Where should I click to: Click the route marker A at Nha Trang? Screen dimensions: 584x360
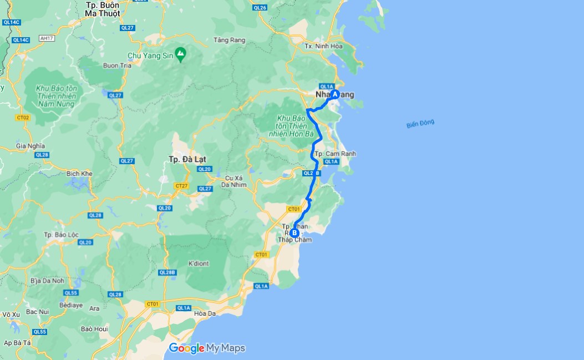335,94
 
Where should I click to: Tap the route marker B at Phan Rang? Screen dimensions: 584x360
294,233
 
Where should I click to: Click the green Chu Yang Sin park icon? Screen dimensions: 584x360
180,53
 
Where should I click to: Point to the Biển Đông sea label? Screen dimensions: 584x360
420,124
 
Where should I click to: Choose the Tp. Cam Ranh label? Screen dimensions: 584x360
335,154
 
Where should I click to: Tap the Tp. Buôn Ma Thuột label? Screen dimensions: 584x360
103,9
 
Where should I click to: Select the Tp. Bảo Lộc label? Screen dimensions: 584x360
63,235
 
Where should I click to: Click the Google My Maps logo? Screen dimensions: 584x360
207,348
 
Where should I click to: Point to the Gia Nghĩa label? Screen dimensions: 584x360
30,146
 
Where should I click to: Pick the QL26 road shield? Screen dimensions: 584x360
260,7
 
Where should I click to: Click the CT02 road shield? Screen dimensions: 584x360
23,118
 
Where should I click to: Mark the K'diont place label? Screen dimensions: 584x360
199,263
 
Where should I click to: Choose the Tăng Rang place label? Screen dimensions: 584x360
229,40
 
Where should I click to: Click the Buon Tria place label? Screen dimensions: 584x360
117,65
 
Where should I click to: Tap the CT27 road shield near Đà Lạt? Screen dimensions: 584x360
180,185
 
